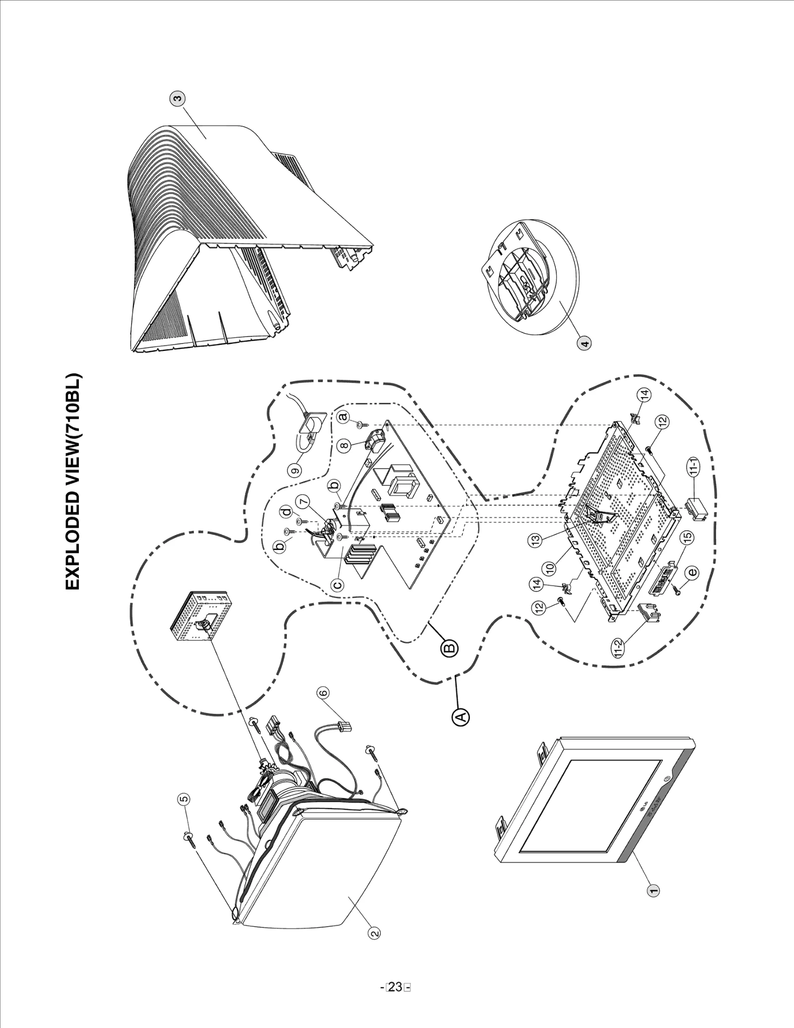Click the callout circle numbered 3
click(x=177, y=98)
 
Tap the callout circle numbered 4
click(x=585, y=343)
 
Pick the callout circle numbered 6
click(x=323, y=692)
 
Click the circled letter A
click(x=460, y=717)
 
